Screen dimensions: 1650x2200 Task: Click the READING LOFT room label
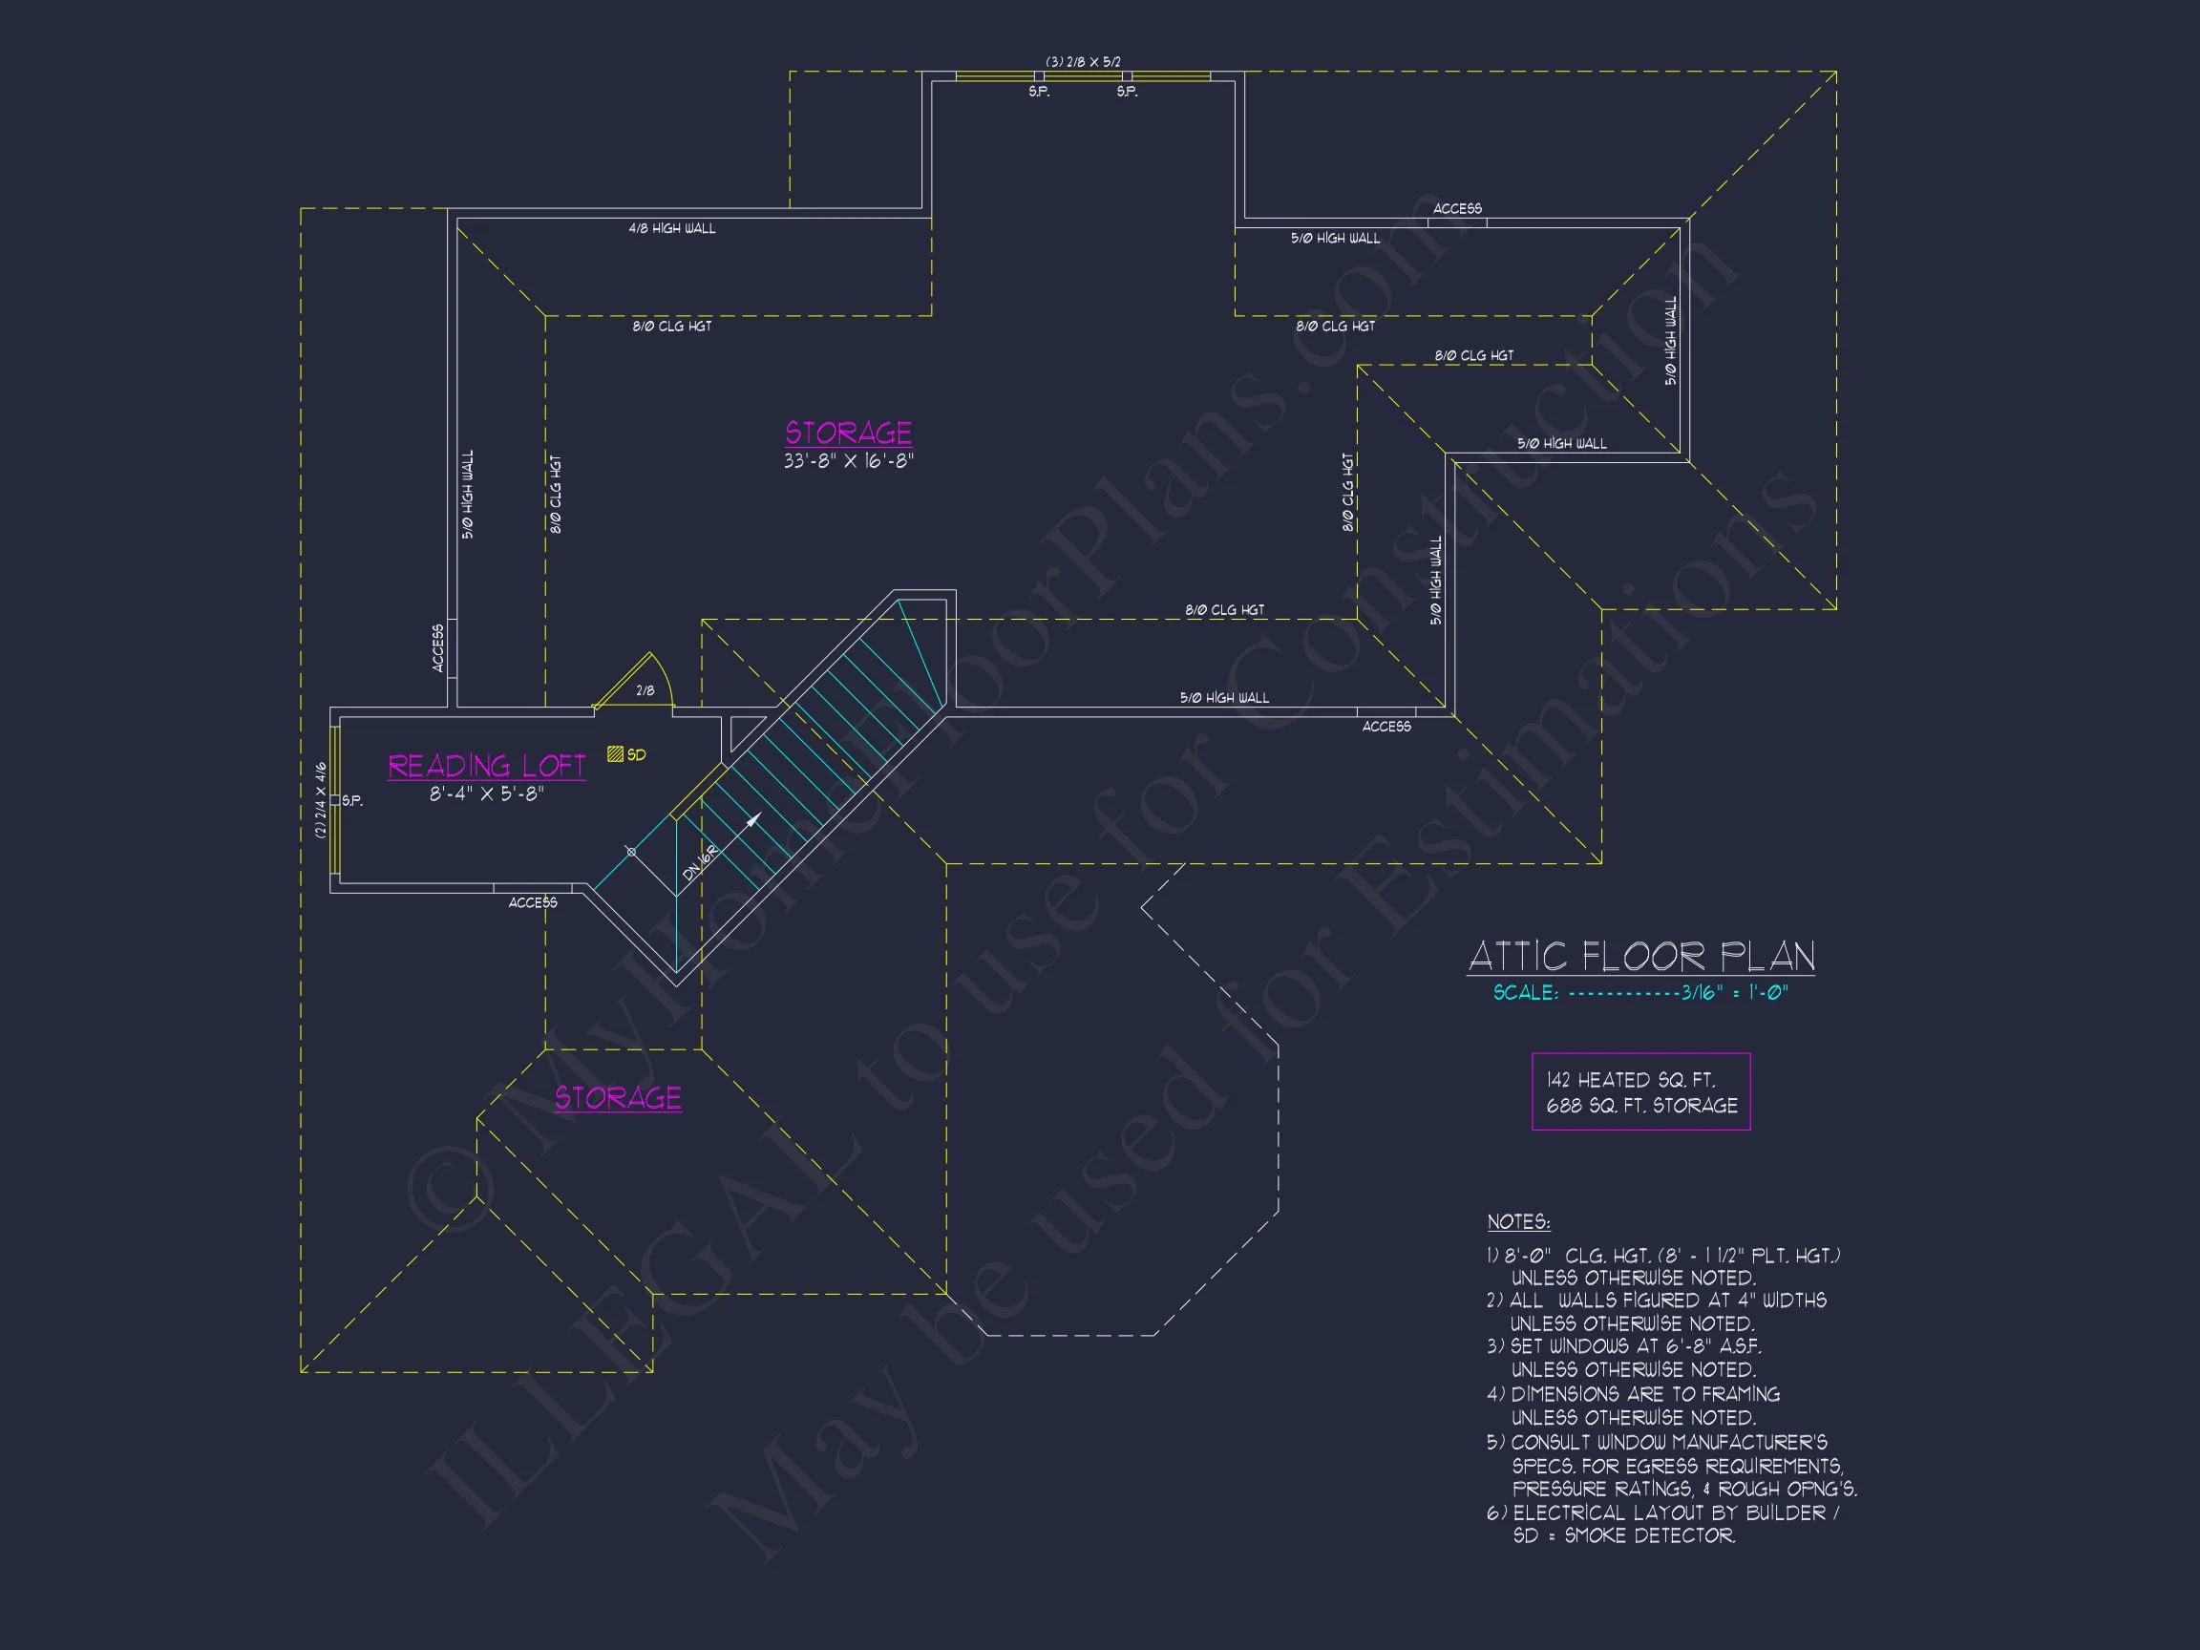coord(486,766)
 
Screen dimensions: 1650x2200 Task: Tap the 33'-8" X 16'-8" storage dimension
coord(847,461)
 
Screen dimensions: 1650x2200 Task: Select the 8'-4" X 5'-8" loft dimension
coord(486,794)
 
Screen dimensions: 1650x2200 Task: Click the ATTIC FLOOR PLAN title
coord(1641,957)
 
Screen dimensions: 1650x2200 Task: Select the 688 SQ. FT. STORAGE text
coord(1641,1106)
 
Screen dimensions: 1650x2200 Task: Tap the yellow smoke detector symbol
coord(616,755)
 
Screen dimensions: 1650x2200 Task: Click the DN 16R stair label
coord(700,862)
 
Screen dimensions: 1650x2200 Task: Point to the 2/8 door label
coord(645,691)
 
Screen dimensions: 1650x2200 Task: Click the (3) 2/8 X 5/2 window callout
coord(1083,62)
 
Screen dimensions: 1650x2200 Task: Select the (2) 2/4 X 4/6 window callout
coord(320,799)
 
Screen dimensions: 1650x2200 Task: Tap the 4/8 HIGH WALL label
coord(671,229)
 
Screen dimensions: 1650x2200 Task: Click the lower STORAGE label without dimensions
coord(618,1098)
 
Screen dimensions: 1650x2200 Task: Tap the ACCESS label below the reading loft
coord(533,903)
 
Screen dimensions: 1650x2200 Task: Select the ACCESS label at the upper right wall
coord(1457,209)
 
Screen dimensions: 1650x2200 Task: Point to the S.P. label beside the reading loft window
coord(352,800)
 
